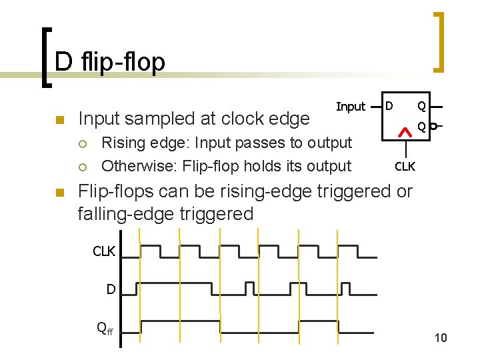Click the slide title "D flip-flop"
(x=109, y=62)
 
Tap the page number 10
(x=441, y=338)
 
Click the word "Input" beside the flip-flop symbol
(x=351, y=107)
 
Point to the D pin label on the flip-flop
(x=390, y=105)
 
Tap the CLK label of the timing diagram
(x=104, y=251)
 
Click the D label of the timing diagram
(x=111, y=289)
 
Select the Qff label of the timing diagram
(x=105, y=327)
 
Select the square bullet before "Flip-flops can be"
(x=59, y=193)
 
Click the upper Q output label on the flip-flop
(x=421, y=105)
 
